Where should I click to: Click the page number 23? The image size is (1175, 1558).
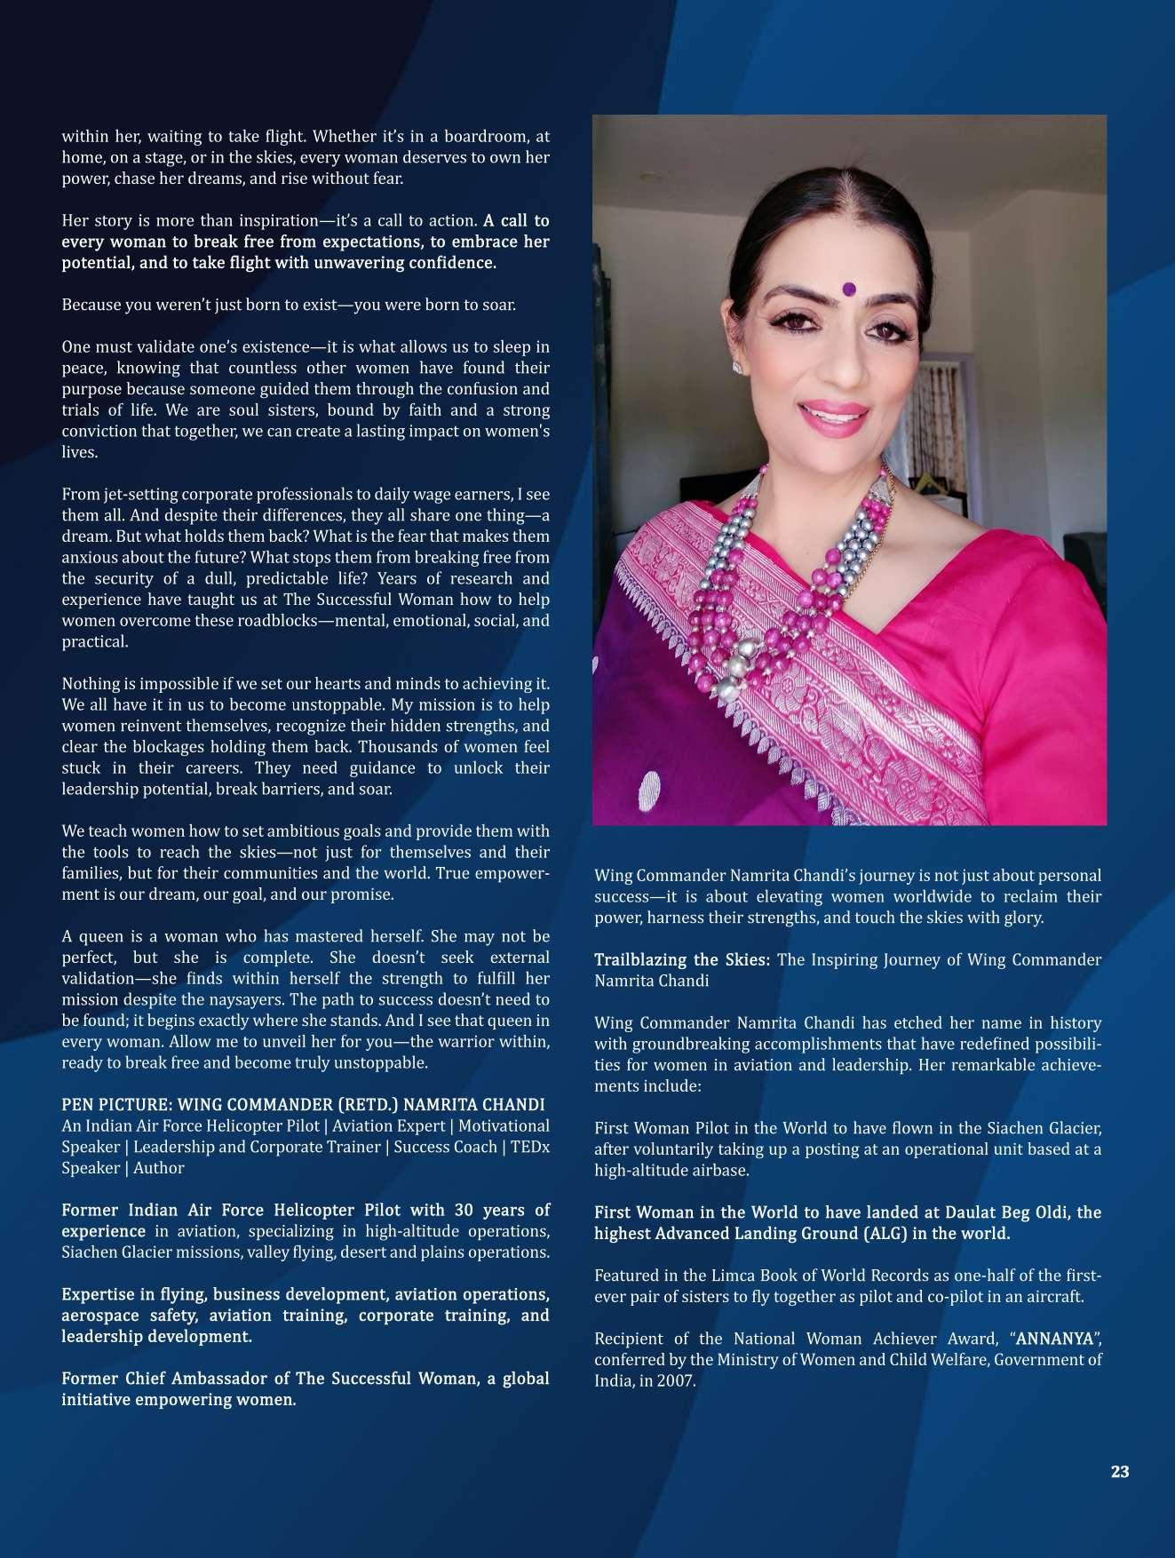(x=1119, y=1472)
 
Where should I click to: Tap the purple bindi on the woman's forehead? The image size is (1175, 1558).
(x=848, y=288)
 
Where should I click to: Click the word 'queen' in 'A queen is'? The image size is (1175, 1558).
(x=102, y=936)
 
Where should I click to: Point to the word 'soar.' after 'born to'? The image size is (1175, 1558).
(x=497, y=305)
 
